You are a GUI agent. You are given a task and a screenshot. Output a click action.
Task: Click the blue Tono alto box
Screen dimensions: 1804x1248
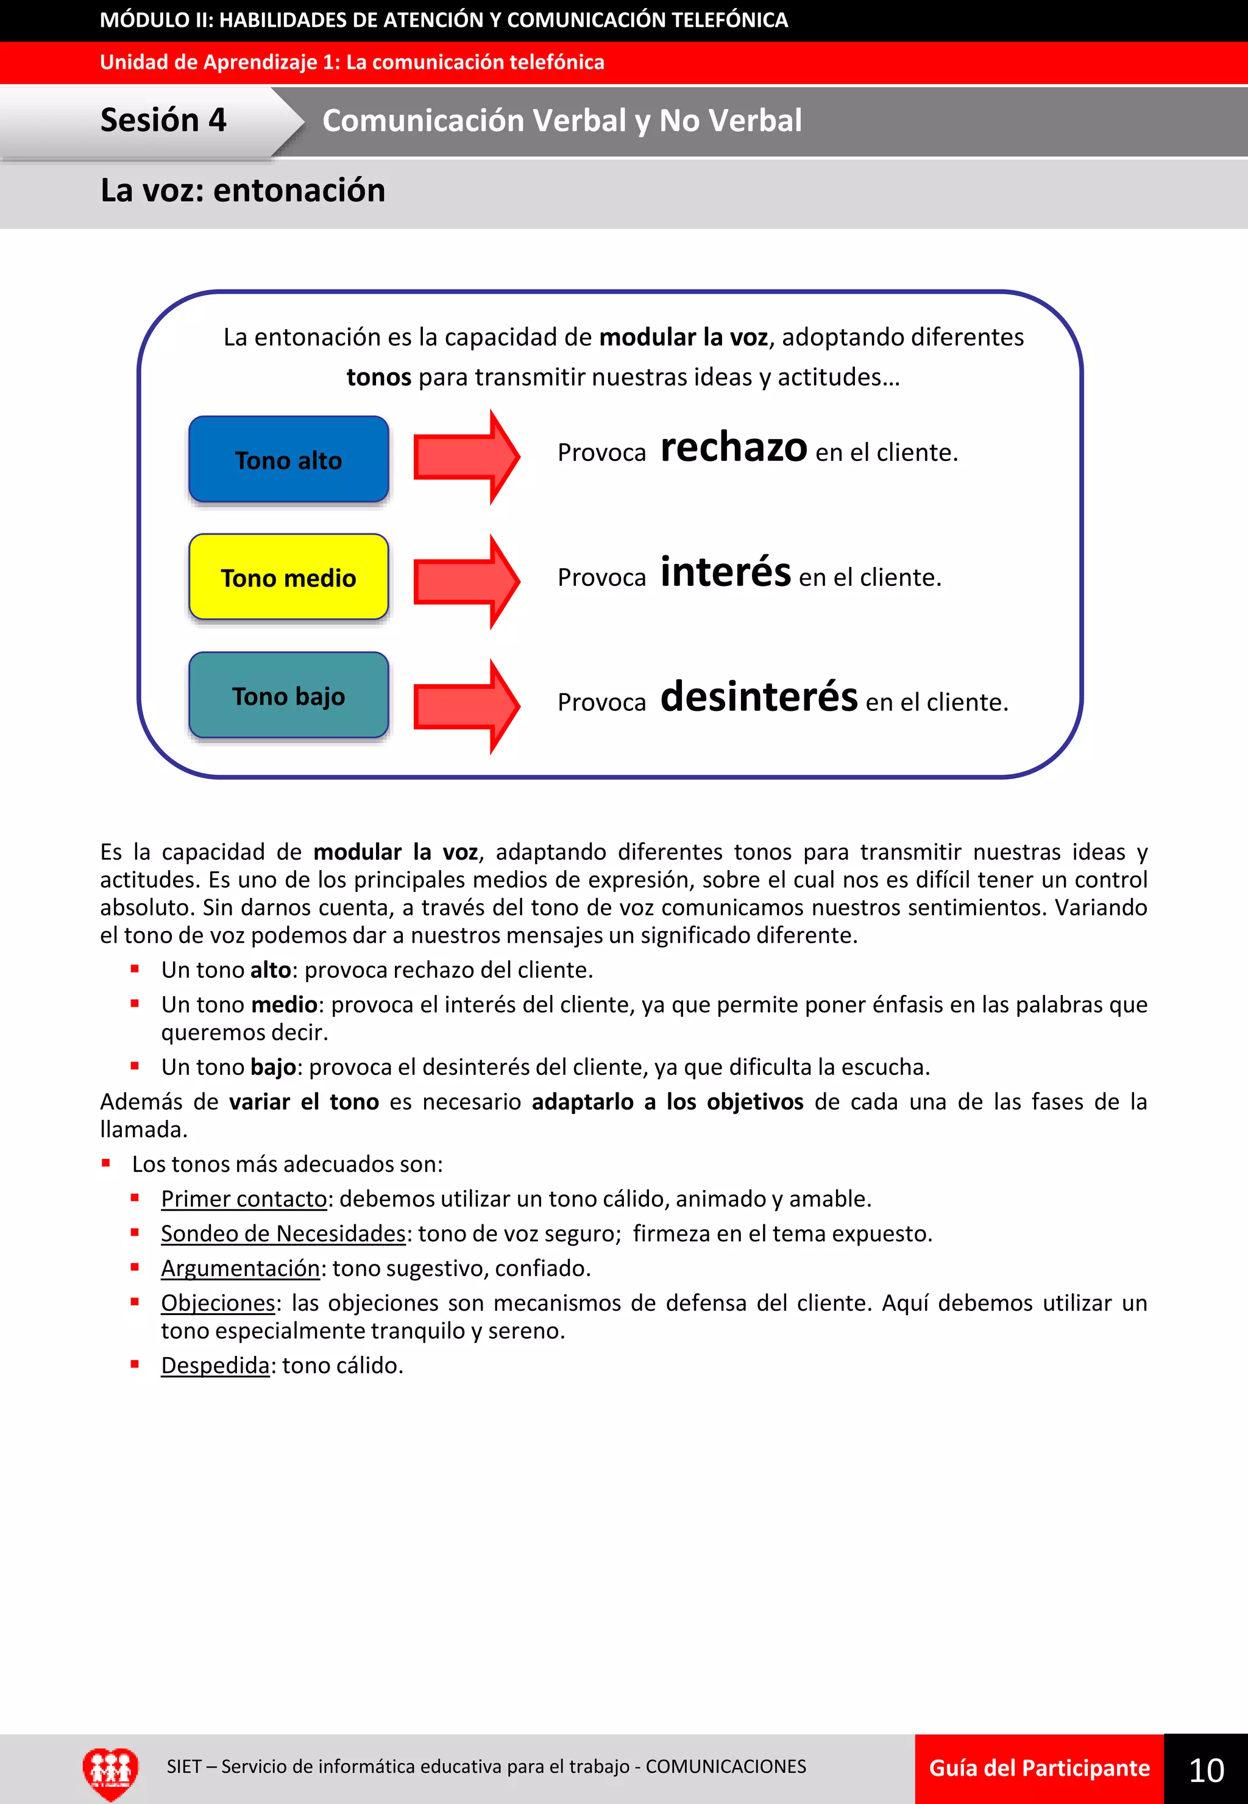tap(289, 459)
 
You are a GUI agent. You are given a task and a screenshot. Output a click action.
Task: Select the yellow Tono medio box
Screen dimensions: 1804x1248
tap(289, 577)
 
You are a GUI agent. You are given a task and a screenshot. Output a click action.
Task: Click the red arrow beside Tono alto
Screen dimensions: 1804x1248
tap(466, 457)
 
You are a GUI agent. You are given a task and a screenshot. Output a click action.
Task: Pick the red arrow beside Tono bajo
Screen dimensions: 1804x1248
tap(466, 707)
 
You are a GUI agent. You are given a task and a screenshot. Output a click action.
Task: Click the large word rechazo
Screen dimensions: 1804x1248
tap(734, 447)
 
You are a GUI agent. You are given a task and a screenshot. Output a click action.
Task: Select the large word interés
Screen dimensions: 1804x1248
tap(726, 572)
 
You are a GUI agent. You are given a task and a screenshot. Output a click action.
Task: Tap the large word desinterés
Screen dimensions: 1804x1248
tap(759, 696)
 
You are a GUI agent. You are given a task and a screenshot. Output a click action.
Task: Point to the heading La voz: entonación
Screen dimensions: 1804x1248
tap(243, 191)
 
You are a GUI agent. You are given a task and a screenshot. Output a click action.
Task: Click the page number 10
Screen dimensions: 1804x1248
tap(1206, 1770)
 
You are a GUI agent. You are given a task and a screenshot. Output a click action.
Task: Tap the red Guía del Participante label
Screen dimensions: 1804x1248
tap(1039, 1769)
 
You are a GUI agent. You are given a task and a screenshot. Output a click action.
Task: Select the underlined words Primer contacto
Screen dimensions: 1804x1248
tap(244, 1199)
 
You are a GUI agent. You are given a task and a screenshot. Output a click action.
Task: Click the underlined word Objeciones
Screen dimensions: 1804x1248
tap(218, 1302)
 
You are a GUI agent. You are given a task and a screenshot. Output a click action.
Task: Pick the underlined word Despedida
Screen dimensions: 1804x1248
tap(215, 1365)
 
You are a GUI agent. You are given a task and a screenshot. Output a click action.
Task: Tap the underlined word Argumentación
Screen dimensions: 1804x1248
tap(240, 1268)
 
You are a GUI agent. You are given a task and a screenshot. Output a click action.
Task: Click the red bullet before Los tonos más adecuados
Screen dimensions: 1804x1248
tap(105, 1163)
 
